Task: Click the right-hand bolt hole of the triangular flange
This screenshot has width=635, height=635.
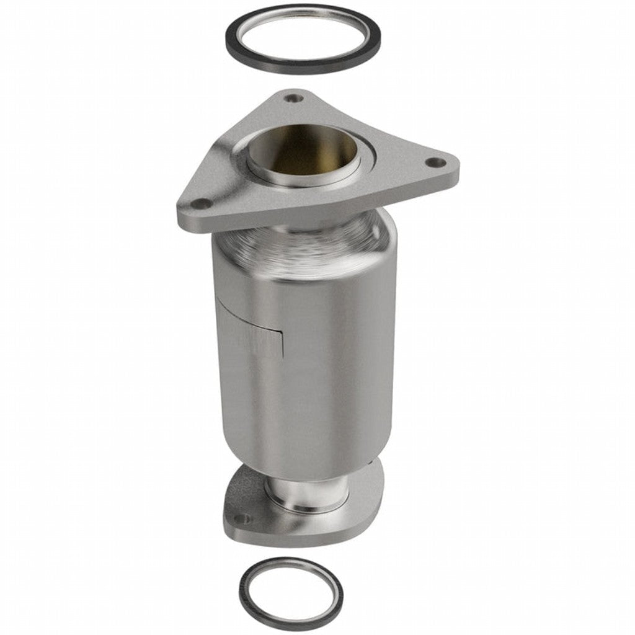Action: click(437, 162)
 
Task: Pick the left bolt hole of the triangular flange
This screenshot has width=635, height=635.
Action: click(200, 203)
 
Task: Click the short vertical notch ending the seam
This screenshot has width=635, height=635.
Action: click(282, 345)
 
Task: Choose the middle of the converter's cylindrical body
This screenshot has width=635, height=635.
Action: click(310, 360)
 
